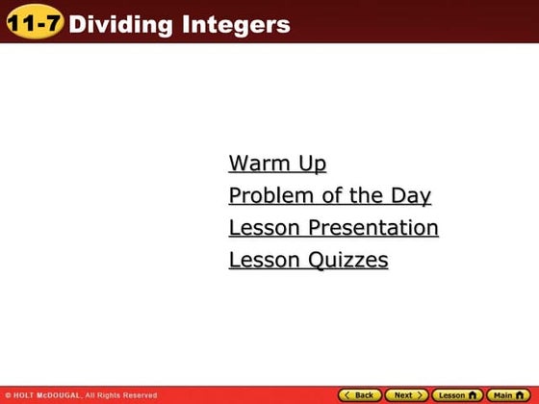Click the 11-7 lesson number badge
point(34,24)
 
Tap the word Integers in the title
point(235,25)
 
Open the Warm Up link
point(277,164)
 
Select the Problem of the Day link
point(329,196)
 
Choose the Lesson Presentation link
point(333,228)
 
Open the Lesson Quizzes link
point(308,260)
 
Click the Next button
point(406,395)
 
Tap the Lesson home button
point(456,395)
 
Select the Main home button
point(509,395)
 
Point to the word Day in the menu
point(410,196)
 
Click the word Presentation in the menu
point(373,228)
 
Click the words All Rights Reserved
point(121,395)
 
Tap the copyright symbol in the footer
point(8,395)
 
